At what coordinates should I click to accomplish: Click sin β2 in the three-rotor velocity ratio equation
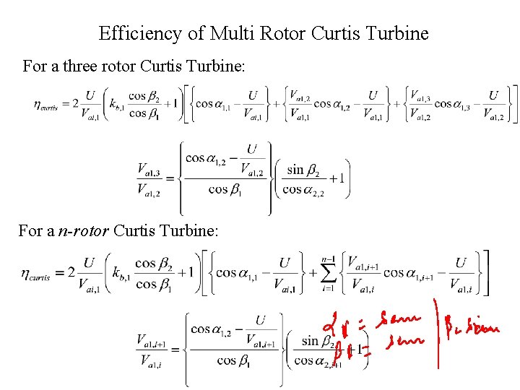[305, 170]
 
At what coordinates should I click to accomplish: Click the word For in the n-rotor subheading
[30, 232]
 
